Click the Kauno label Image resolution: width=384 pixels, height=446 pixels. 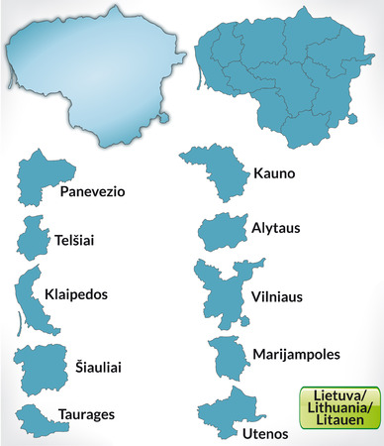click(x=275, y=171)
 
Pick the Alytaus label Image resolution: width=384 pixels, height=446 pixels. click(x=276, y=228)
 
